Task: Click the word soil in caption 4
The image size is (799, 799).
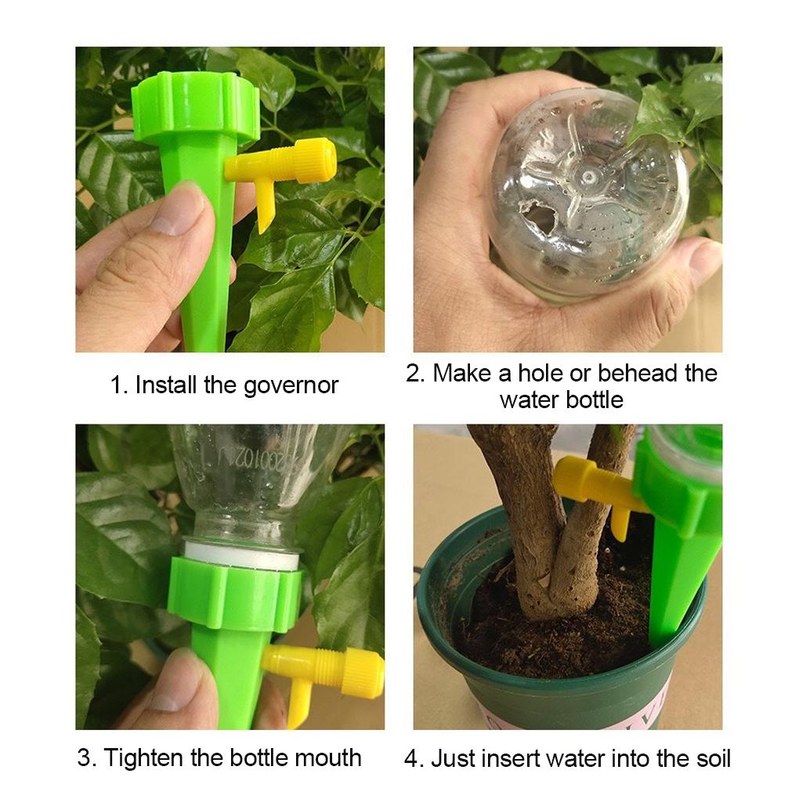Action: (x=710, y=758)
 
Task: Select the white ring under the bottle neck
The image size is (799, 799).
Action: (x=242, y=557)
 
